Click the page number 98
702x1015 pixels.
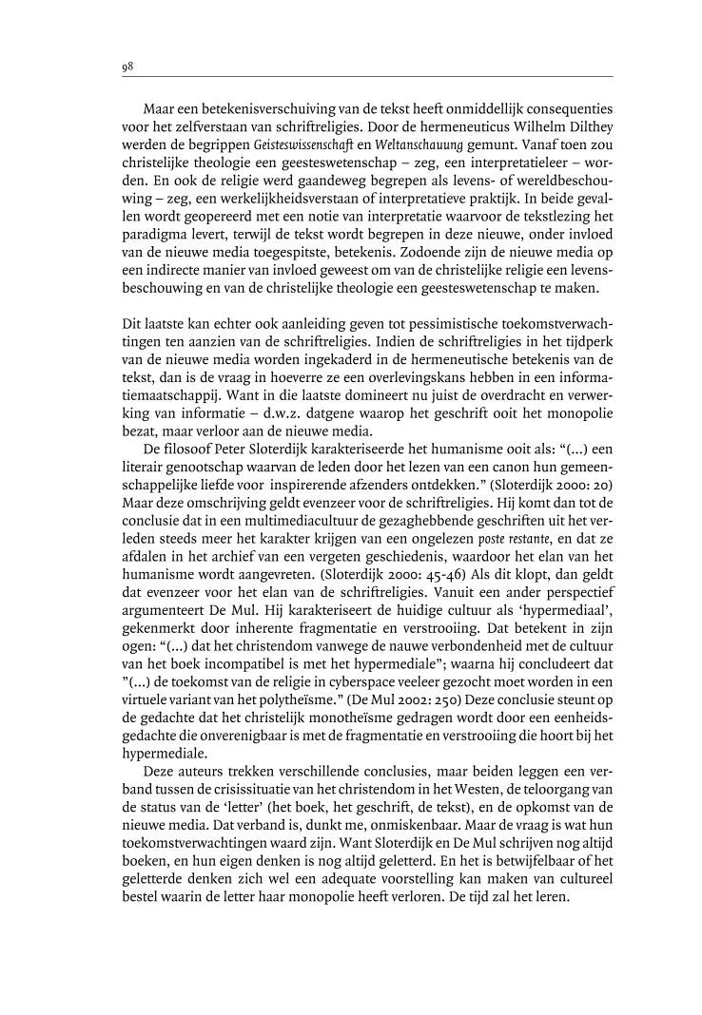[127, 67]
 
